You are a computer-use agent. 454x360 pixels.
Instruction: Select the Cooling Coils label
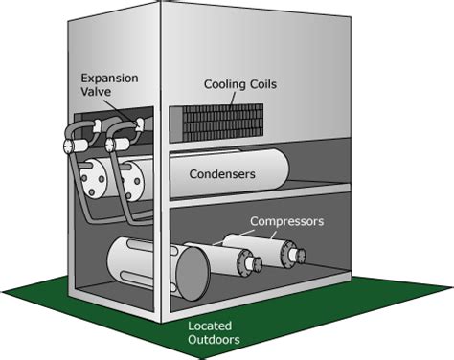tap(240, 84)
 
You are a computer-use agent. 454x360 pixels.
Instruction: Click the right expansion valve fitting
tap(115, 144)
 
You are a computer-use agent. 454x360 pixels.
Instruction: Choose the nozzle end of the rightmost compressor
tap(298, 255)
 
